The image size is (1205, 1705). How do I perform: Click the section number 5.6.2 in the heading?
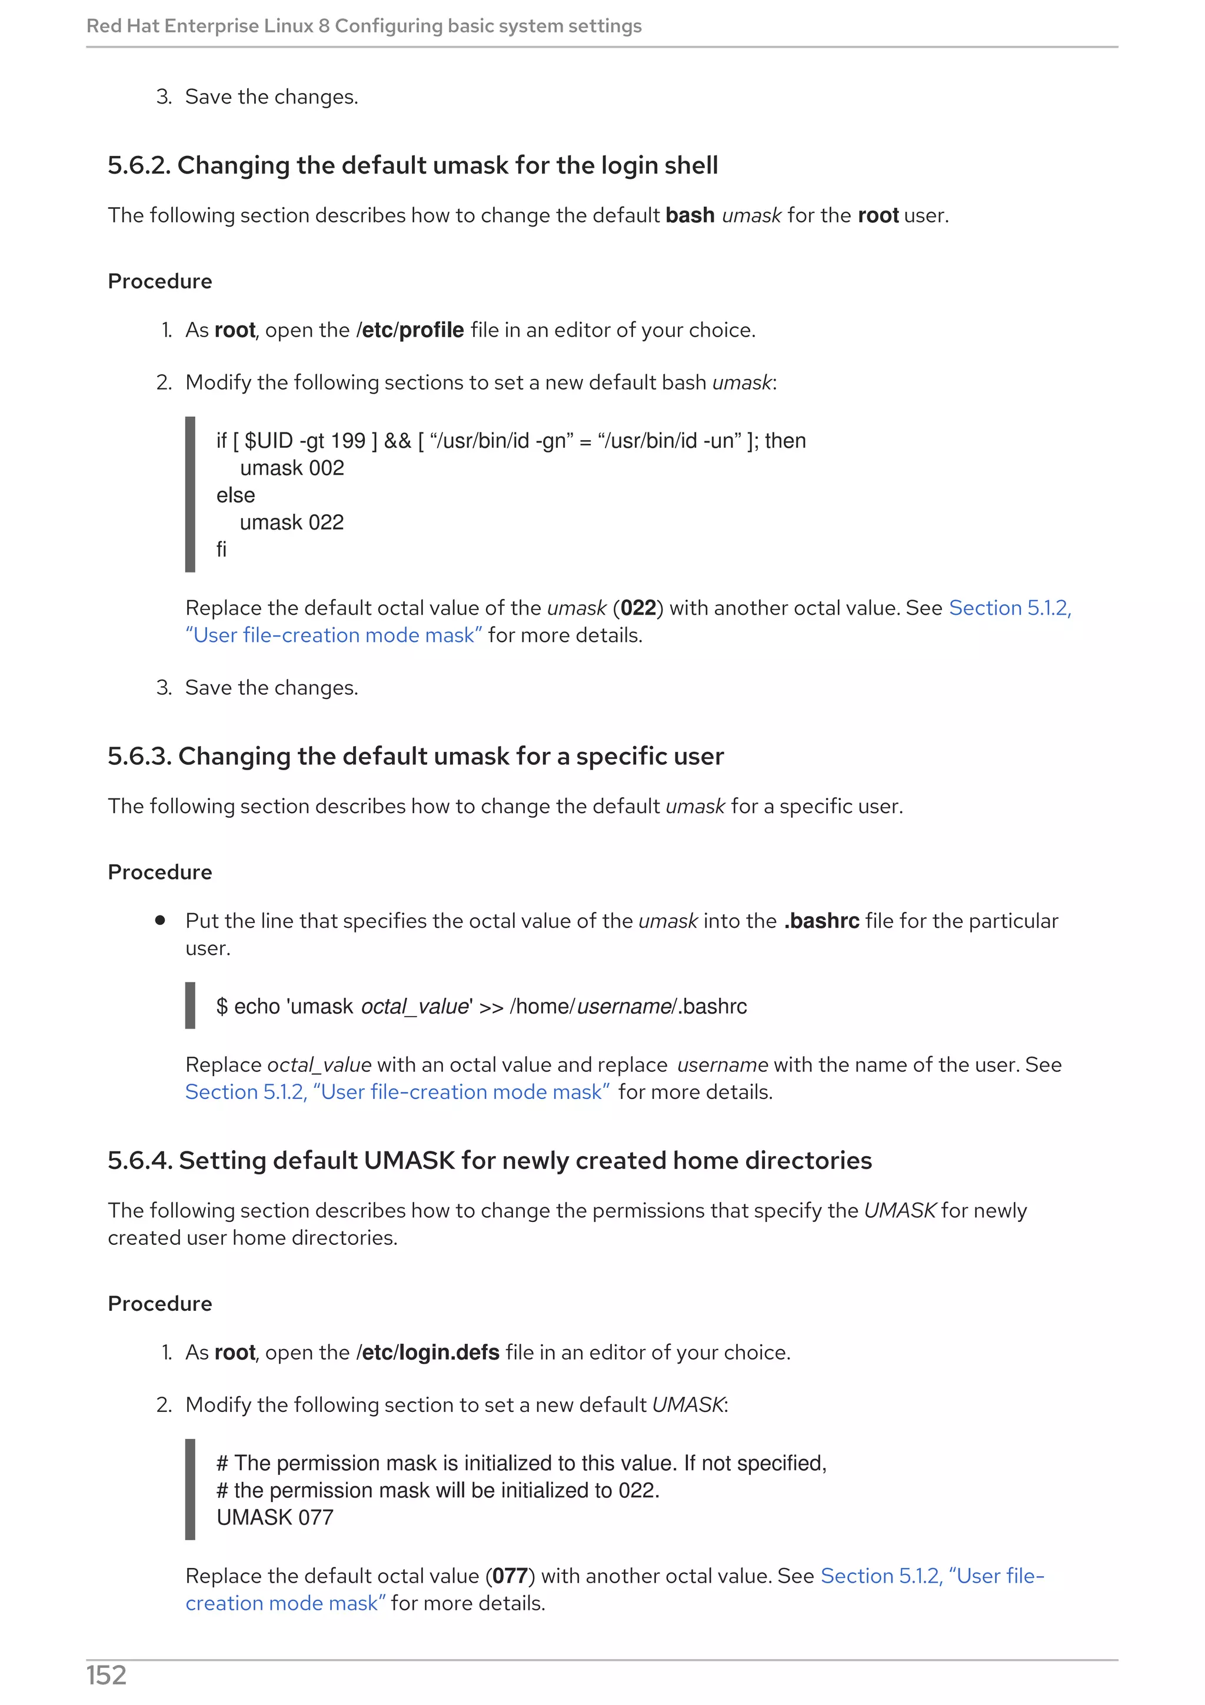point(139,165)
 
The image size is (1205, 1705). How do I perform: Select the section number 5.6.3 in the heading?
point(139,756)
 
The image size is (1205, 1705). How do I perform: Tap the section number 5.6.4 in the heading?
point(139,1160)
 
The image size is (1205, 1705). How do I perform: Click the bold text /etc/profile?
point(410,329)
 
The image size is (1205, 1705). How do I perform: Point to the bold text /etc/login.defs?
point(428,1352)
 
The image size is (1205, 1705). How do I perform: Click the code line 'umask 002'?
point(292,468)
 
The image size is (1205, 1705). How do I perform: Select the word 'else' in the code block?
point(235,495)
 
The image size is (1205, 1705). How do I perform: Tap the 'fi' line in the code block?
point(221,550)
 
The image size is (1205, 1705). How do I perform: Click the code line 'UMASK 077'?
point(275,1517)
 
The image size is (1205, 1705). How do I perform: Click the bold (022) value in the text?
point(638,608)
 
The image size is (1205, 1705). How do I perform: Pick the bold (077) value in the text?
point(510,1576)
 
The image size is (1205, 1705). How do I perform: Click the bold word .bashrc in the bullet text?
point(821,921)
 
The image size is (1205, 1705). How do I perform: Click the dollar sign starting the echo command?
point(221,1006)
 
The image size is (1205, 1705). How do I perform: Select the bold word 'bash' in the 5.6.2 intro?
point(690,215)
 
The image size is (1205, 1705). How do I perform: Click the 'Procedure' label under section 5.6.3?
point(159,872)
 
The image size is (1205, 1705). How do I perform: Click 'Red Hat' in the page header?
point(122,26)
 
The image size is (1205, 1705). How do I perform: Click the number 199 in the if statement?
point(348,441)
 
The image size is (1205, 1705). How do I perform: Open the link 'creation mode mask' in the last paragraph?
point(285,1603)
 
